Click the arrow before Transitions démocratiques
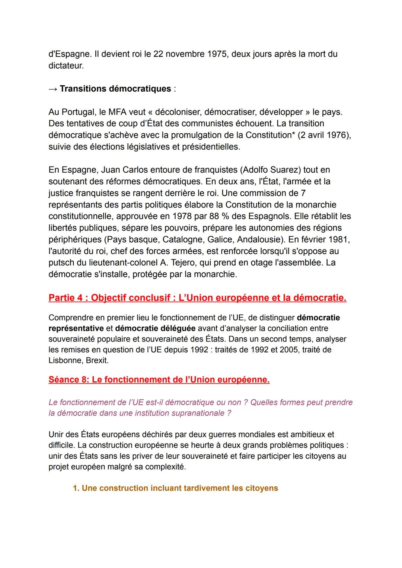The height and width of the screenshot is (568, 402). tap(53, 89)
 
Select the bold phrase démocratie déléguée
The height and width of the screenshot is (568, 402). tap(155, 329)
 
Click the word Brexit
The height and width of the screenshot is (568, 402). tap(97, 361)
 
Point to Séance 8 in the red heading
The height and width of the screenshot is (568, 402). tap(68, 380)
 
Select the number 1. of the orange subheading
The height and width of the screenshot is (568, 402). tap(76, 488)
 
